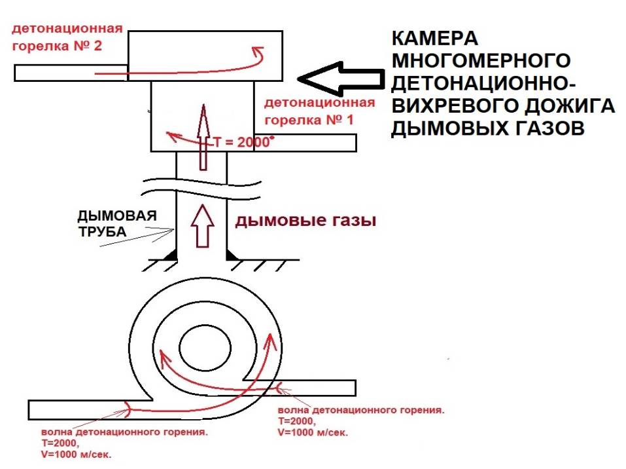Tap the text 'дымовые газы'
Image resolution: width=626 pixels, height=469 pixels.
(305, 221)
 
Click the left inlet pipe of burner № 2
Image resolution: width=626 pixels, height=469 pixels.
(71, 73)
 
